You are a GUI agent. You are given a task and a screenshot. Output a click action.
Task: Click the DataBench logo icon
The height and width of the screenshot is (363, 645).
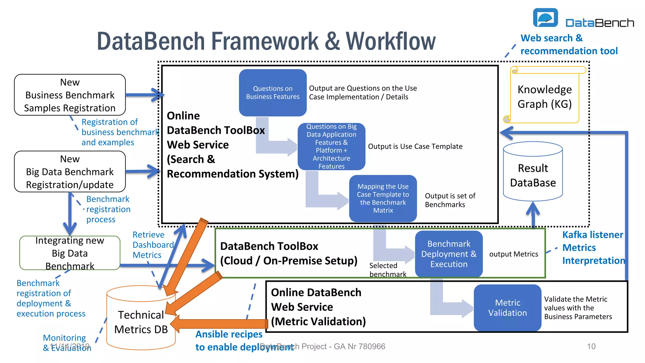(545, 18)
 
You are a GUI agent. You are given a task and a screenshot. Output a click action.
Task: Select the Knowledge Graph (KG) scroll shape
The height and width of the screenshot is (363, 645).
(545, 96)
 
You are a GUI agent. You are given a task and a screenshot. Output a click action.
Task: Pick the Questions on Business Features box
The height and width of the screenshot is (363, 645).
(273, 93)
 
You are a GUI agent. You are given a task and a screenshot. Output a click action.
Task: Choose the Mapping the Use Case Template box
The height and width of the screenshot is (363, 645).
(383, 199)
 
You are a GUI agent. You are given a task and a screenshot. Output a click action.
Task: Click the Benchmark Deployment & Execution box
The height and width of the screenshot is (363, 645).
(449, 254)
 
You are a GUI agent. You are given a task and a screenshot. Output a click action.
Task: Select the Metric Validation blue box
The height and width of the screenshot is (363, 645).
(507, 308)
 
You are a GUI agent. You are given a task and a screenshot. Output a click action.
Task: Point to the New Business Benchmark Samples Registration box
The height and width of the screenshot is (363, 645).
(70, 95)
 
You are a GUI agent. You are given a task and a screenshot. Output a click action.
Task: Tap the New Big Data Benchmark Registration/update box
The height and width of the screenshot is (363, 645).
(70, 172)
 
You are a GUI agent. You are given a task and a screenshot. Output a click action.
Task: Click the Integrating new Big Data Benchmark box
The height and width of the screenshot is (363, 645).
(70, 253)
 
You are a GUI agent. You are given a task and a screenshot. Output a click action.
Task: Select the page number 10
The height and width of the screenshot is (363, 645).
(591, 346)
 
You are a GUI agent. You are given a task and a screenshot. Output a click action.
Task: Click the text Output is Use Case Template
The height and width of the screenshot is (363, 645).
(415, 147)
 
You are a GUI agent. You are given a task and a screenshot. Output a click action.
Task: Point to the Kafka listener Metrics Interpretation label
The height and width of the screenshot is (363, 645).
(593, 248)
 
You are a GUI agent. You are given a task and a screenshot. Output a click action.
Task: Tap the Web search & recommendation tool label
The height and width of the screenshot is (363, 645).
(568, 44)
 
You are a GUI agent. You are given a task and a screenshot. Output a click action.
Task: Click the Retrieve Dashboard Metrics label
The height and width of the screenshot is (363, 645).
(152, 245)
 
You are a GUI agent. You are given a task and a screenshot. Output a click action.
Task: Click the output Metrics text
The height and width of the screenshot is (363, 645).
(513, 254)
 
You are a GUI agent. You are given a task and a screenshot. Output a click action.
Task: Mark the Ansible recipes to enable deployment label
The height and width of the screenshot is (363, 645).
(229, 340)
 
